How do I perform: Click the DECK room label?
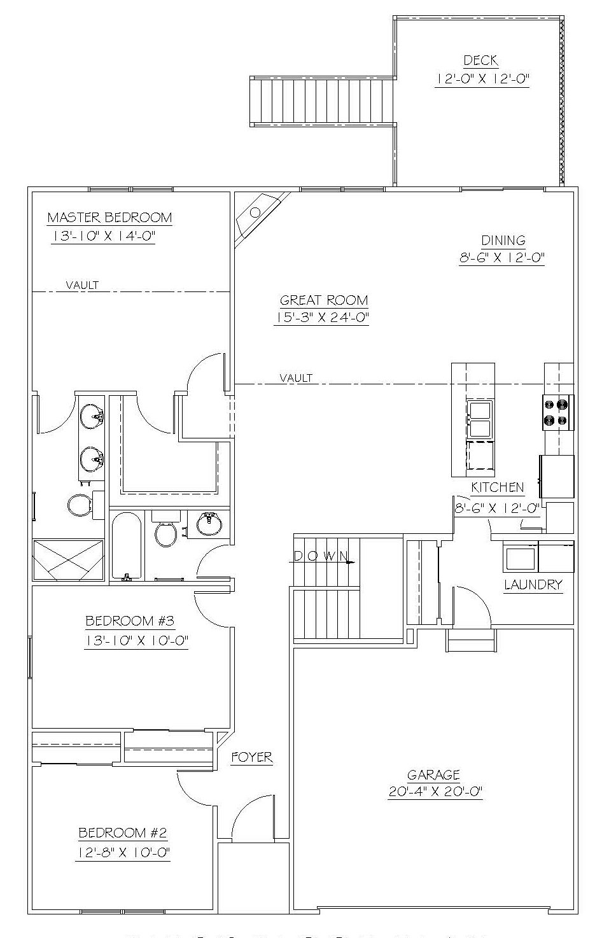(481, 60)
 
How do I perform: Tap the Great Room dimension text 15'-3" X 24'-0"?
(321, 318)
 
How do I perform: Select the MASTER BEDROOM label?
(109, 218)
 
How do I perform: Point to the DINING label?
(503, 240)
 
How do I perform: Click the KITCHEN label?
(497, 487)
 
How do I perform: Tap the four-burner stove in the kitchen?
(558, 412)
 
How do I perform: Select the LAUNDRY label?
(533, 585)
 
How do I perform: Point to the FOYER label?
(252, 757)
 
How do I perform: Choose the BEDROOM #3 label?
(130, 620)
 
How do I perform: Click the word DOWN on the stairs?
(321, 557)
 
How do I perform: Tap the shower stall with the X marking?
(68, 560)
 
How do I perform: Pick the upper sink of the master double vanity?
(92, 416)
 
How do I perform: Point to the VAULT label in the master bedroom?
(83, 285)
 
